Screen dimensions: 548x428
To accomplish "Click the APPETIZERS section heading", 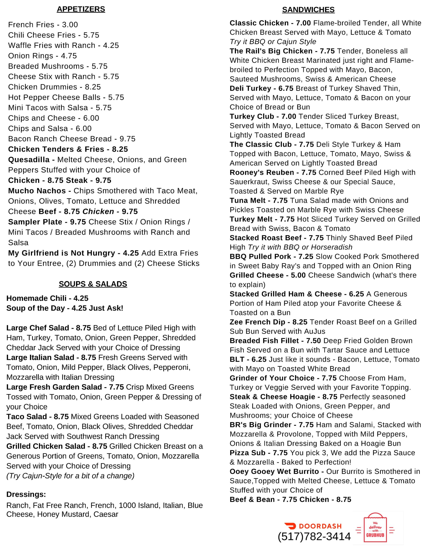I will (x=81, y=9).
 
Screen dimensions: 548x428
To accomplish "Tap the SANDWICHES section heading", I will (x=308, y=10).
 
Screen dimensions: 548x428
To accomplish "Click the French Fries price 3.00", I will (x=70, y=25).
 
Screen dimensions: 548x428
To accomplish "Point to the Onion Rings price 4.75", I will (x=69, y=56).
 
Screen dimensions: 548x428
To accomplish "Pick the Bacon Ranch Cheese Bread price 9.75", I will (x=127, y=139).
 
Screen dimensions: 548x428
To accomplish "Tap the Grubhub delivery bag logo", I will (x=375, y=528).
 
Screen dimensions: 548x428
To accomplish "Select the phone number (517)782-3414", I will (x=314, y=537).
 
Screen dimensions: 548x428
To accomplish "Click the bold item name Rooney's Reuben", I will (x=262, y=173).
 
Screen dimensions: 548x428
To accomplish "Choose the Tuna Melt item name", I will (x=247, y=201).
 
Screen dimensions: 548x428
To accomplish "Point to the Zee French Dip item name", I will (x=257, y=322).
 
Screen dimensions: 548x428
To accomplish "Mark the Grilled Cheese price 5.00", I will (x=298, y=275).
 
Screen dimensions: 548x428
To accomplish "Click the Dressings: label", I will (x=26, y=494).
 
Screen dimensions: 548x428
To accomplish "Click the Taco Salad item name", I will (x=27, y=417).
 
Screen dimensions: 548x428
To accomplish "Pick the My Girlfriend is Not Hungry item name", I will (x=62, y=253).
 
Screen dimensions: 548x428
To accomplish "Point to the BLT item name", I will (x=237, y=360).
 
